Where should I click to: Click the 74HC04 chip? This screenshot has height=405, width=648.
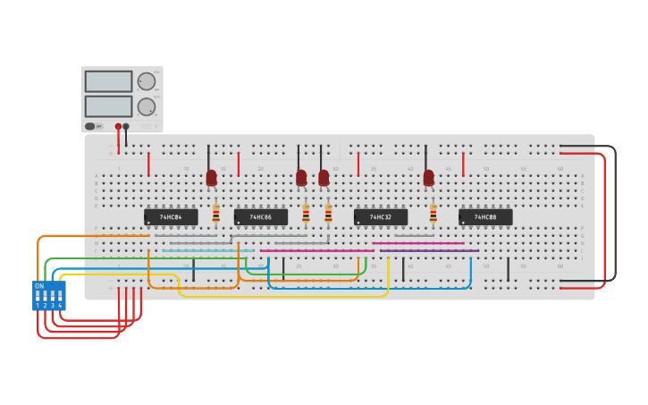(171, 216)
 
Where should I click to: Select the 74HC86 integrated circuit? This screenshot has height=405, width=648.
(261, 216)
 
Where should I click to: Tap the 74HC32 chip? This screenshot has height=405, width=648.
(381, 216)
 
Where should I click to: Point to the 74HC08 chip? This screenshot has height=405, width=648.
(485, 216)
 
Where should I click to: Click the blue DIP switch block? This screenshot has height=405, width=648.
(48, 296)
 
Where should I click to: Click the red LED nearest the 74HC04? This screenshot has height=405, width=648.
(211, 178)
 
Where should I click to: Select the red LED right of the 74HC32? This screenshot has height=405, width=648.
(428, 177)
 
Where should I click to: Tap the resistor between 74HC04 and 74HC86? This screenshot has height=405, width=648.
(215, 214)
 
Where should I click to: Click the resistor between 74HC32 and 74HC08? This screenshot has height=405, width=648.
(433, 214)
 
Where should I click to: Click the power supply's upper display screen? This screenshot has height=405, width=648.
(108, 81)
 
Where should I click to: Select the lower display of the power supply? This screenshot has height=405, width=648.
(108, 105)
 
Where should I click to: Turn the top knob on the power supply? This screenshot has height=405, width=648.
(147, 81)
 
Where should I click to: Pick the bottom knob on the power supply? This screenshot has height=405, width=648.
(147, 106)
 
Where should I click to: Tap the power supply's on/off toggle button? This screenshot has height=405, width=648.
(93, 126)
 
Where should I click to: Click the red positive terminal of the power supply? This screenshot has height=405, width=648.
(118, 127)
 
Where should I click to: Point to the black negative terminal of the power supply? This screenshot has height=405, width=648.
(126, 127)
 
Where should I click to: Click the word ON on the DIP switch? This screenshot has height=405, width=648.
(38, 286)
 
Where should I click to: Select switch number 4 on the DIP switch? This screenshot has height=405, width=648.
(60, 295)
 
